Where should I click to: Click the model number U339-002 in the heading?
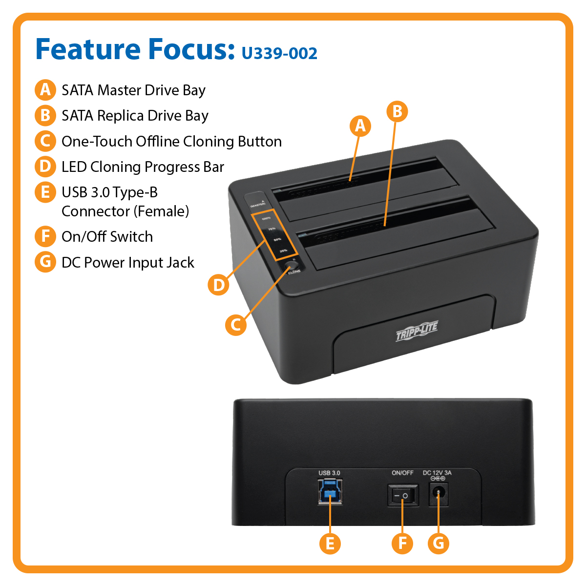point(279,53)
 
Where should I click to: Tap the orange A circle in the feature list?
point(45,90)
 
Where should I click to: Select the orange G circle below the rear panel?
point(439,543)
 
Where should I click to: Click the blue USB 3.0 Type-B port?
point(330,491)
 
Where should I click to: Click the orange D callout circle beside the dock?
point(218,284)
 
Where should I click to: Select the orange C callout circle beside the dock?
point(236,324)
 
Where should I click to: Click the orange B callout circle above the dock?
point(397,111)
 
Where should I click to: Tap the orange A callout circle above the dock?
point(360,126)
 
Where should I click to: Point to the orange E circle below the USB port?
point(330,543)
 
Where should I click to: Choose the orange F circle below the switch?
point(402,543)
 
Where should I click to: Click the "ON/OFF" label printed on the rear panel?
point(402,473)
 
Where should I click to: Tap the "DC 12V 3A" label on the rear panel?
point(437,473)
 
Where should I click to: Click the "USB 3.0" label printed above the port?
point(329,473)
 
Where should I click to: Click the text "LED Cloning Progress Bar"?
point(143,167)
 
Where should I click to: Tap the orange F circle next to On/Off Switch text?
point(45,236)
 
